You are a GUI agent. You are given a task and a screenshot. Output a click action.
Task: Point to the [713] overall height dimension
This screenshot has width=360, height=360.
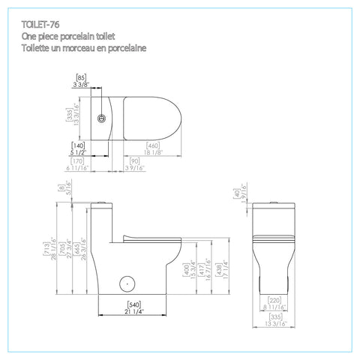46,249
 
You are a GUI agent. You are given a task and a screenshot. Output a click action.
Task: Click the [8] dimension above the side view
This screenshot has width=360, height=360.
60,190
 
